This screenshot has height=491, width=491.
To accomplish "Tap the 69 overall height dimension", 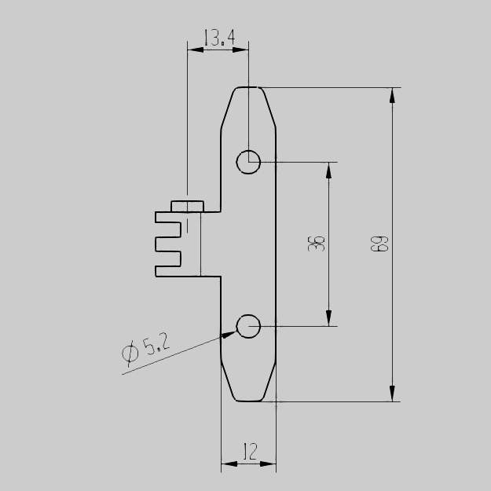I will (x=380, y=244).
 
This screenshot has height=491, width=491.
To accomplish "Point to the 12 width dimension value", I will (x=249, y=452).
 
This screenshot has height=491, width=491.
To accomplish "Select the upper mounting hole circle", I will (x=248, y=162).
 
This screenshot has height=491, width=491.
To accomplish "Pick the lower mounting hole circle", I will (x=248, y=325).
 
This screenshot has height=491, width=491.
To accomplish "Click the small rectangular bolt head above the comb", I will (x=187, y=206).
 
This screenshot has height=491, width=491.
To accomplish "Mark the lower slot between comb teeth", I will (x=174, y=257).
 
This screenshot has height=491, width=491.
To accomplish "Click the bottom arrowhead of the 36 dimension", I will (x=329, y=319).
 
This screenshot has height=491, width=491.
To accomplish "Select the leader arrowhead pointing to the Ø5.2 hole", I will (x=229, y=335).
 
